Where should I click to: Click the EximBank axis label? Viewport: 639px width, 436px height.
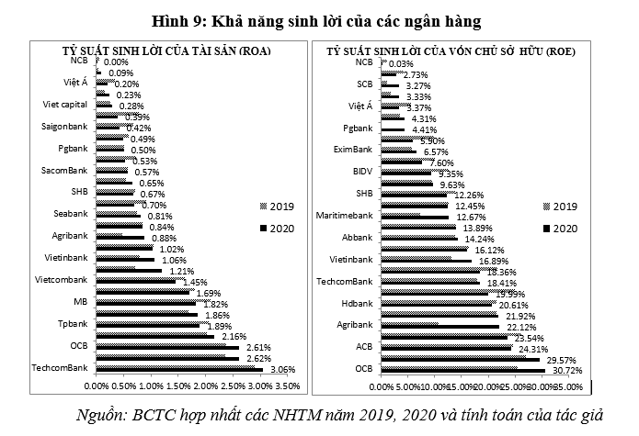point(353,149)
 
